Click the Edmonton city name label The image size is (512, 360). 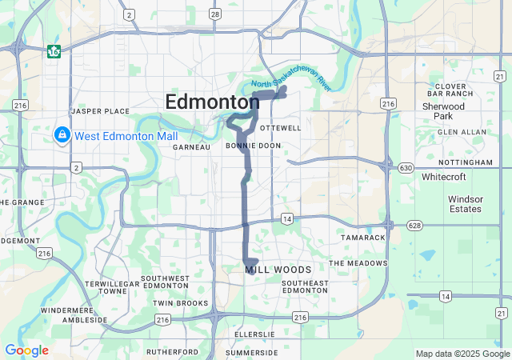pyautogui.click(x=212, y=102)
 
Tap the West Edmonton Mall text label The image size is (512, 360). pyautogui.click(x=126, y=136)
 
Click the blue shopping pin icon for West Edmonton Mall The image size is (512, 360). pyautogui.click(x=62, y=134)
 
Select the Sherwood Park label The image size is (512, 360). pyautogui.click(x=443, y=110)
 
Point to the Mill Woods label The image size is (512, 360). pyautogui.click(x=278, y=270)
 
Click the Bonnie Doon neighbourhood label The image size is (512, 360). pyautogui.click(x=253, y=146)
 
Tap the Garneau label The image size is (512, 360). pyautogui.click(x=191, y=147)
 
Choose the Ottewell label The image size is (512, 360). pyautogui.click(x=281, y=128)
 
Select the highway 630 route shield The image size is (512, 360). pyautogui.click(x=406, y=168)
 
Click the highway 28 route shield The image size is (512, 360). pyautogui.click(x=214, y=14)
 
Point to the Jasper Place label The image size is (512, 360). pyautogui.click(x=100, y=110)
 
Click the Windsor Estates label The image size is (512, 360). pyautogui.click(x=465, y=203)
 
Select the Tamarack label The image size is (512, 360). pyautogui.click(x=362, y=238)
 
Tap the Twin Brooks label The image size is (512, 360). pyautogui.click(x=180, y=303)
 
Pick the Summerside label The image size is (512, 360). pyautogui.click(x=252, y=352)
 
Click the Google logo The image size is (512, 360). pyautogui.click(x=26, y=350)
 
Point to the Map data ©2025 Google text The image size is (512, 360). pyautogui.click(x=462, y=354)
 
